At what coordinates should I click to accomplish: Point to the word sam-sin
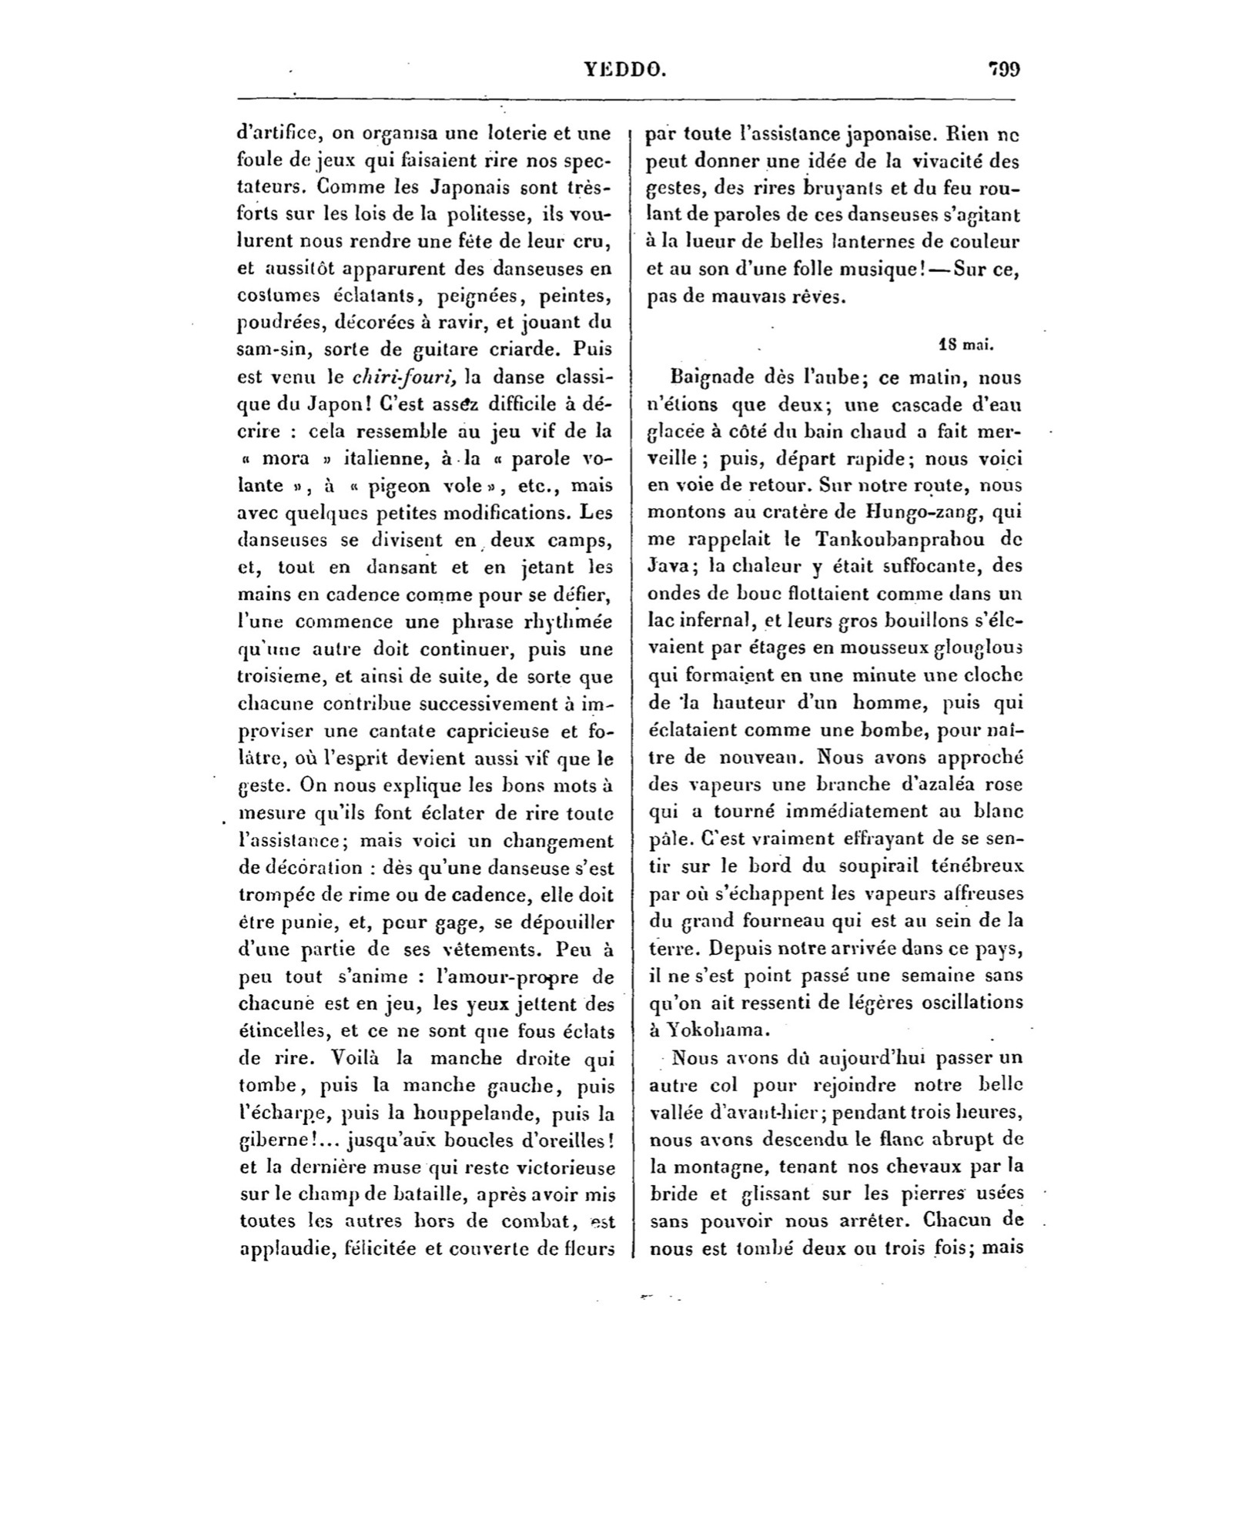(270, 350)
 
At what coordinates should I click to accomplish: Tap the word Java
(670, 567)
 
